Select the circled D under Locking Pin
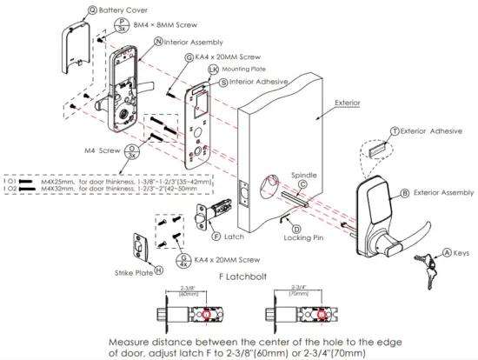(295, 227)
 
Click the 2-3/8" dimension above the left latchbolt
(189, 289)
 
